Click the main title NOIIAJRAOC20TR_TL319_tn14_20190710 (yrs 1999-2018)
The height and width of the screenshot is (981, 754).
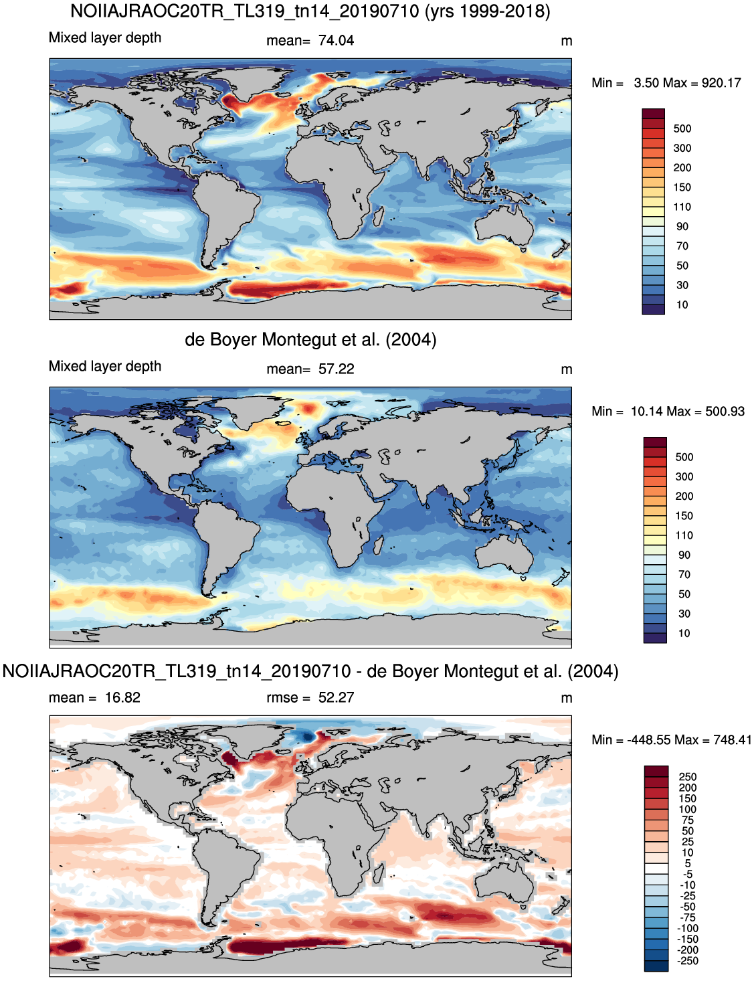(x=310, y=11)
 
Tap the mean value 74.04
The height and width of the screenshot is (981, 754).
(x=336, y=41)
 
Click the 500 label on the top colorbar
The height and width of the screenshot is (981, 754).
(x=682, y=128)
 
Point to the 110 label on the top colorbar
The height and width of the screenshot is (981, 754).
(x=682, y=207)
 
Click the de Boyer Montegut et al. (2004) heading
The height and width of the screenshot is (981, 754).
(x=310, y=339)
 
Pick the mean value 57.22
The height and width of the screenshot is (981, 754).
(x=336, y=369)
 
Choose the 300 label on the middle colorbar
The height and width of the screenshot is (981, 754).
(x=684, y=476)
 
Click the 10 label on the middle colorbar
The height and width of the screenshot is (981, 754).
(x=684, y=634)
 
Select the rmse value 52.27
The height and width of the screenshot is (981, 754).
(x=336, y=697)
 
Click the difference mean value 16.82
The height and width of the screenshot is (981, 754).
(x=122, y=697)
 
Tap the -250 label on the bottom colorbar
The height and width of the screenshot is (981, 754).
(x=688, y=961)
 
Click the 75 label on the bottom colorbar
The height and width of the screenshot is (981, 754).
(x=688, y=820)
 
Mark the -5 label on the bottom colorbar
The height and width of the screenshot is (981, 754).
(x=688, y=875)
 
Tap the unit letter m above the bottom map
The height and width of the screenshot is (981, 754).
(x=566, y=698)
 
